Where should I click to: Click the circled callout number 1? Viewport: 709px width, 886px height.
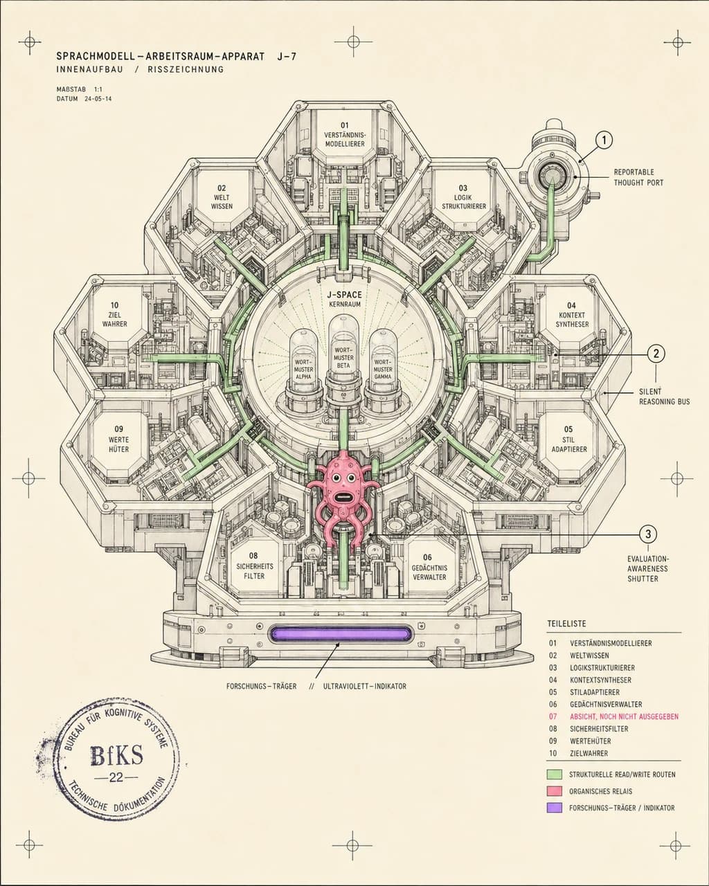[x=604, y=141]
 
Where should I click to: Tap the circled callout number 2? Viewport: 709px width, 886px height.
[x=656, y=353]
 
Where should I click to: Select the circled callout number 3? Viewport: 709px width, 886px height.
[x=648, y=534]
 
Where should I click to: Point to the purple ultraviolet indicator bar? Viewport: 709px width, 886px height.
[x=340, y=633]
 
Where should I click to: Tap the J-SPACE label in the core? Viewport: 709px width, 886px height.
[x=344, y=295]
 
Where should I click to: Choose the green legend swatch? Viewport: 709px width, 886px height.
[x=555, y=775]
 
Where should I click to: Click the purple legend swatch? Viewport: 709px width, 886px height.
[x=555, y=807]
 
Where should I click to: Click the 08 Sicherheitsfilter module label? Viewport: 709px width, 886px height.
[x=254, y=566]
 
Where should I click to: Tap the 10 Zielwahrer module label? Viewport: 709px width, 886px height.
[x=114, y=314]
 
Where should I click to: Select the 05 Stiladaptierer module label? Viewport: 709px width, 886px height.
[x=569, y=440]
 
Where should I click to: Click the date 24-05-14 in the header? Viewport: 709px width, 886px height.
[x=98, y=99]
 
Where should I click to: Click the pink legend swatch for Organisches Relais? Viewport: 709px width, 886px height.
[x=555, y=791]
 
